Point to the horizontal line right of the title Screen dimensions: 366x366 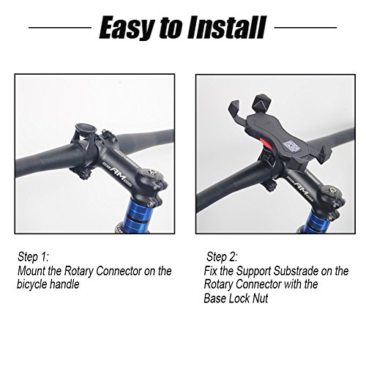(x=308, y=30)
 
